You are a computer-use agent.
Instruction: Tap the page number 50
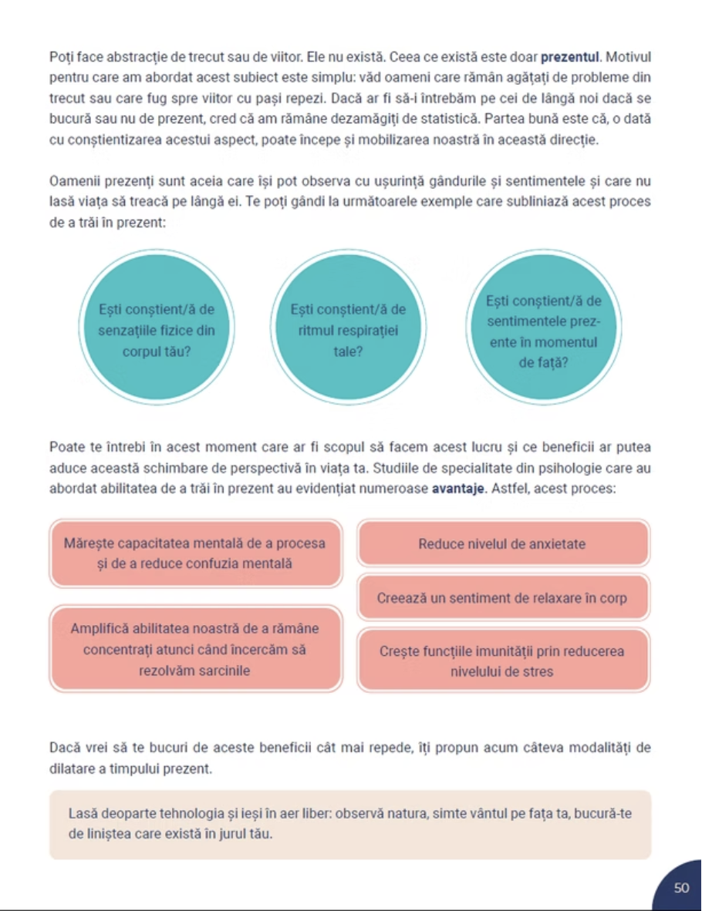[681, 888]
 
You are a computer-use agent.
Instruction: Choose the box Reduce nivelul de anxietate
[502, 543]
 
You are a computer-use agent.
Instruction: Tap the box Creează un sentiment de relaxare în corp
[502, 598]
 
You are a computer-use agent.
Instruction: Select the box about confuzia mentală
[194, 553]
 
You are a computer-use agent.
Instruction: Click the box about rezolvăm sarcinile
[194, 649]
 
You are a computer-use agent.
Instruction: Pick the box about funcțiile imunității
[502, 661]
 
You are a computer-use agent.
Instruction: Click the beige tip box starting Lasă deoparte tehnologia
[350, 824]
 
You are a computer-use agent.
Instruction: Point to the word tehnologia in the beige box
[183, 813]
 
